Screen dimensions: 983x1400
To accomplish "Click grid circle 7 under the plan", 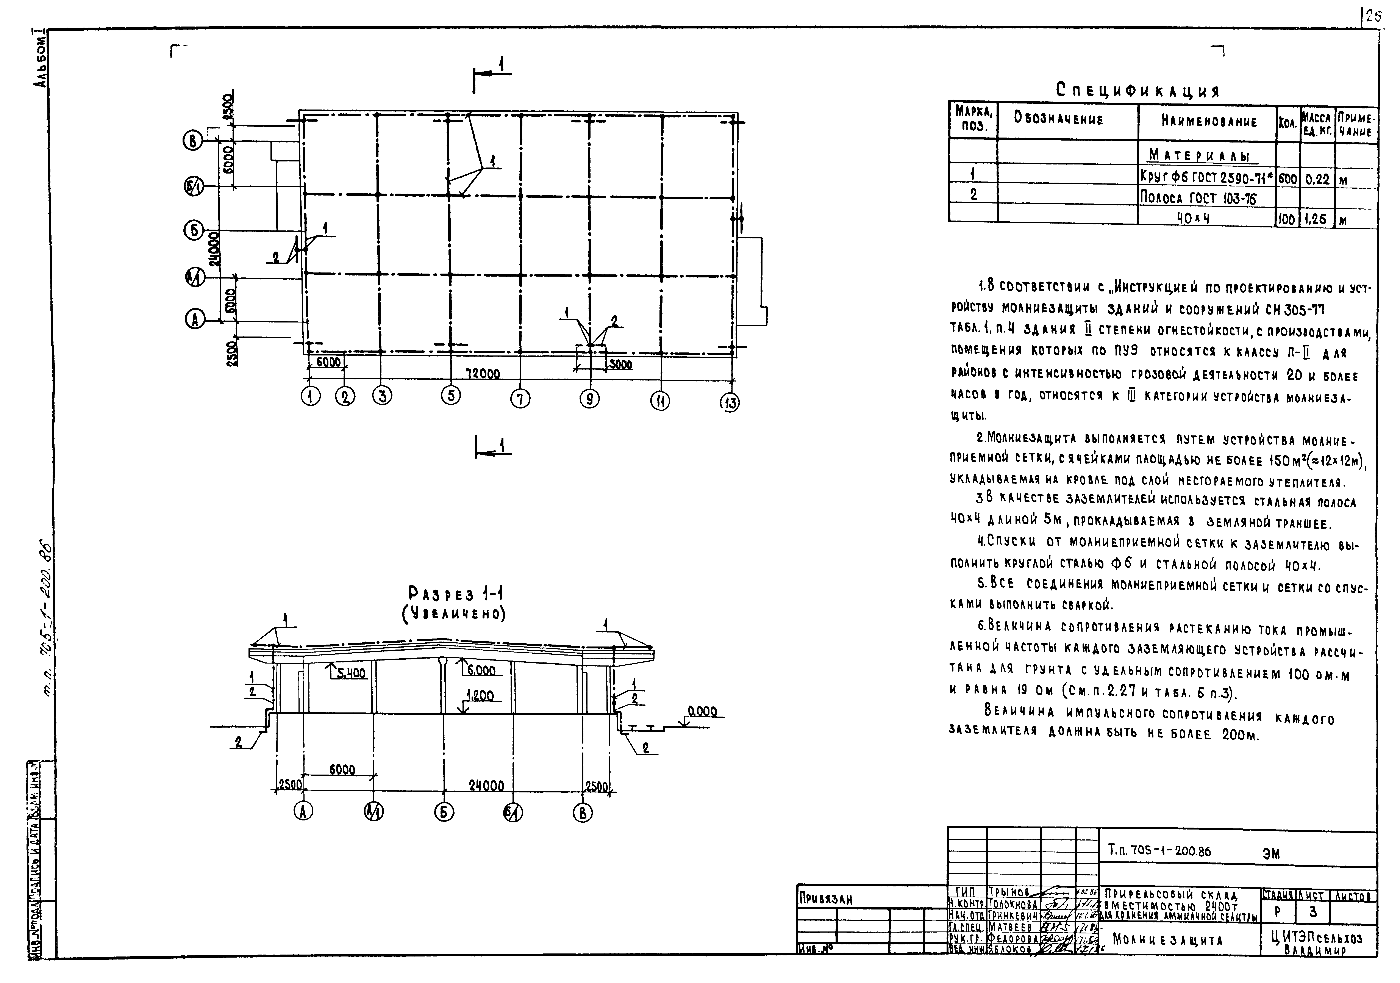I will click(x=520, y=399).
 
